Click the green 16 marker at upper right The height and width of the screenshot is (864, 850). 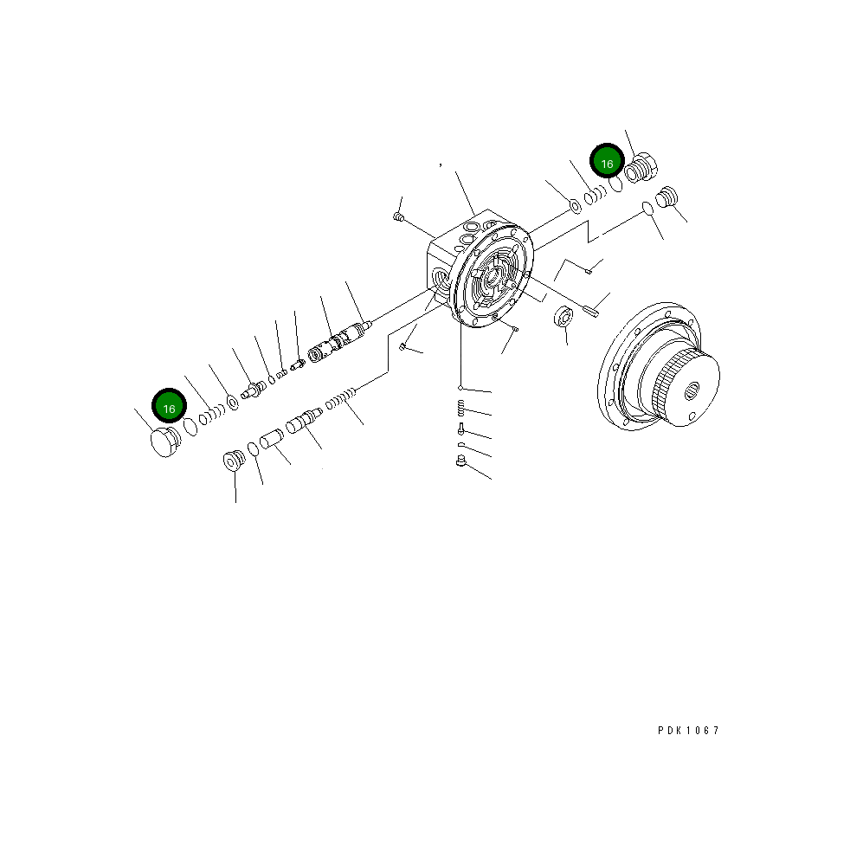(x=607, y=163)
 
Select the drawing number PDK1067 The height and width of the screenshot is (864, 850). (x=688, y=731)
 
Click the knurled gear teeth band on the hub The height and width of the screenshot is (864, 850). (x=666, y=391)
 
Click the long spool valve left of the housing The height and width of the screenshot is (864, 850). (x=340, y=341)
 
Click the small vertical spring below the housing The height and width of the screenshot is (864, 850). (x=461, y=408)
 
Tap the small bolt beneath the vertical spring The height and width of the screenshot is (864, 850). (x=460, y=429)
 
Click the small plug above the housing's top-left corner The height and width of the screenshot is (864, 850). (x=398, y=216)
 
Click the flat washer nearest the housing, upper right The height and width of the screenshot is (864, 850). (x=574, y=206)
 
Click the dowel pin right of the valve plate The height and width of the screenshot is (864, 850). (x=592, y=309)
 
